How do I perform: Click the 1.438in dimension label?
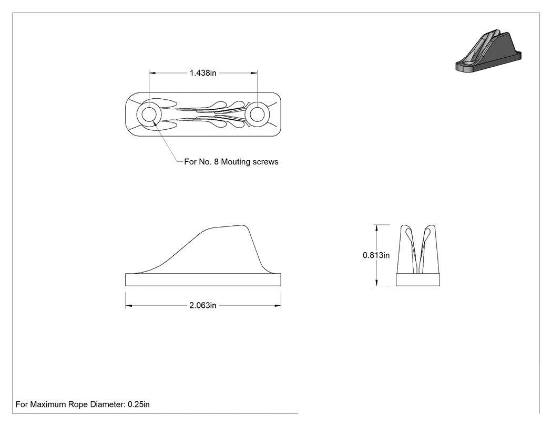203,73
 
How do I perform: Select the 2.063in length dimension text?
203,305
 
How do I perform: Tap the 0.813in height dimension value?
376,255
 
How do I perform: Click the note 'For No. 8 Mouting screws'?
231,162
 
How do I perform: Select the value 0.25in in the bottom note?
139,404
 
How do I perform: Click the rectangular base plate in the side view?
203,279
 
